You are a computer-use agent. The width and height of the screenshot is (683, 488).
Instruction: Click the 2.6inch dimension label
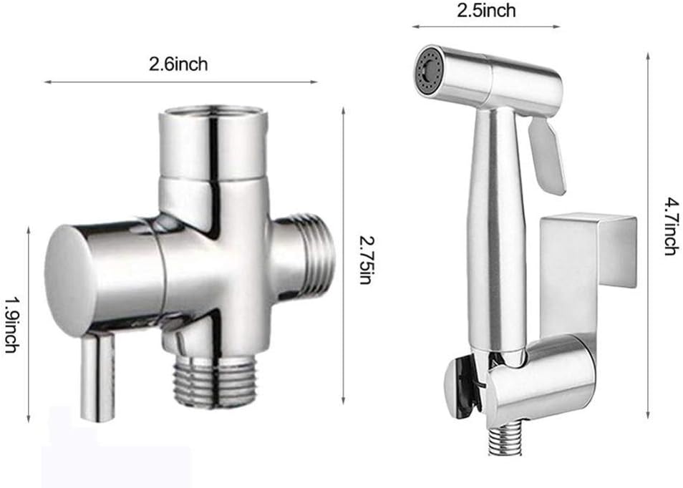178,64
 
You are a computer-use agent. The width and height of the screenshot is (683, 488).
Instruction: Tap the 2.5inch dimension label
486,10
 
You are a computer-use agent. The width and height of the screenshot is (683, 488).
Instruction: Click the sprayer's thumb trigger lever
548,154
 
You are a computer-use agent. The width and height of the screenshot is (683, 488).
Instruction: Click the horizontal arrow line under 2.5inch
486,27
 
